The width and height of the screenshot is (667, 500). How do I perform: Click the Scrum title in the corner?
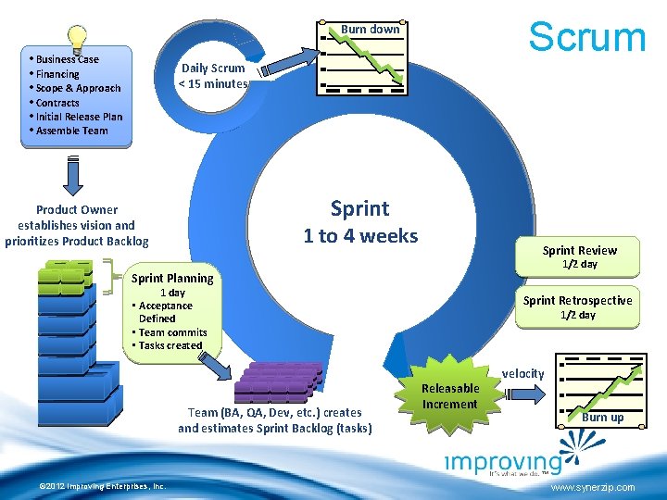tap(586, 36)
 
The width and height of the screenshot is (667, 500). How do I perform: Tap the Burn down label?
tap(371, 29)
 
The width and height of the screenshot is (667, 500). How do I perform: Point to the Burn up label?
tap(603, 418)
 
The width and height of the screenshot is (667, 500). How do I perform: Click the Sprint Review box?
tap(580, 256)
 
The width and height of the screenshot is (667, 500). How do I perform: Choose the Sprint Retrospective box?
tap(578, 306)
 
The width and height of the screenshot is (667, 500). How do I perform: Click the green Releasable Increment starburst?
tap(450, 395)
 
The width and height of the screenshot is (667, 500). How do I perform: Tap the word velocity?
tap(523, 373)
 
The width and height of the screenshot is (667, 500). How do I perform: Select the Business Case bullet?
tap(67, 59)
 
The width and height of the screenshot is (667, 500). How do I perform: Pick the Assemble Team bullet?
tap(70, 131)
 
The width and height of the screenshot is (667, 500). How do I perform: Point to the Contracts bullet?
tap(57, 103)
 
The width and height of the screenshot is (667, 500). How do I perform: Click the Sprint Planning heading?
tap(172, 278)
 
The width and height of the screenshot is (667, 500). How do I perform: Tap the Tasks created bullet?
tap(169, 345)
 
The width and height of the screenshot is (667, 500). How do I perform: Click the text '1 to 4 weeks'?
tap(360, 236)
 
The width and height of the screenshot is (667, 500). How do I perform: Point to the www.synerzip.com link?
tap(592, 487)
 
